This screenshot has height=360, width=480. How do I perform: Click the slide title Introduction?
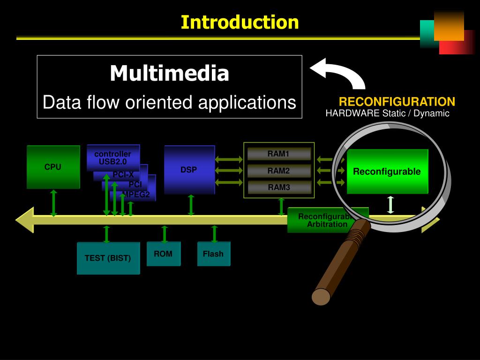point(240,22)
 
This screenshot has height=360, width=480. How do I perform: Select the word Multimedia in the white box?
point(169,73)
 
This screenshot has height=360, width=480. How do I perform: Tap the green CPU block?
point(53,167)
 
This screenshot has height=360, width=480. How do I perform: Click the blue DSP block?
point(189,169)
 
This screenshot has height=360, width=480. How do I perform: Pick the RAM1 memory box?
point(279,154)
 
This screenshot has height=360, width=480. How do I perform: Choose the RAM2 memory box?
point(279,171)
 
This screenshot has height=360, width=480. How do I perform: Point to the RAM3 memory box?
point(279,187)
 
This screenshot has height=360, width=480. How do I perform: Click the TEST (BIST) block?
point(108,258)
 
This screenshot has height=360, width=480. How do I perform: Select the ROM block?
point(163,254)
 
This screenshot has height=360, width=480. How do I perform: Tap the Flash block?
point(213,254)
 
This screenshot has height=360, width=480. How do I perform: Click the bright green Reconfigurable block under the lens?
point(387,172)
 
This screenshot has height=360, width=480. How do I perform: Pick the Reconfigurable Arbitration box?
point(323,220)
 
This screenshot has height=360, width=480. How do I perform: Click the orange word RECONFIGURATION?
point(397,102)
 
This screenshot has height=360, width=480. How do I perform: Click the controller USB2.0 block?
point(113,157)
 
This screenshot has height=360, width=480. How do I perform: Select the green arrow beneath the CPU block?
point(54,203)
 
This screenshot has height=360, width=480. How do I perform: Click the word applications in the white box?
point(247,102)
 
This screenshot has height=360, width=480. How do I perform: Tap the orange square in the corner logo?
point(449,26)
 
